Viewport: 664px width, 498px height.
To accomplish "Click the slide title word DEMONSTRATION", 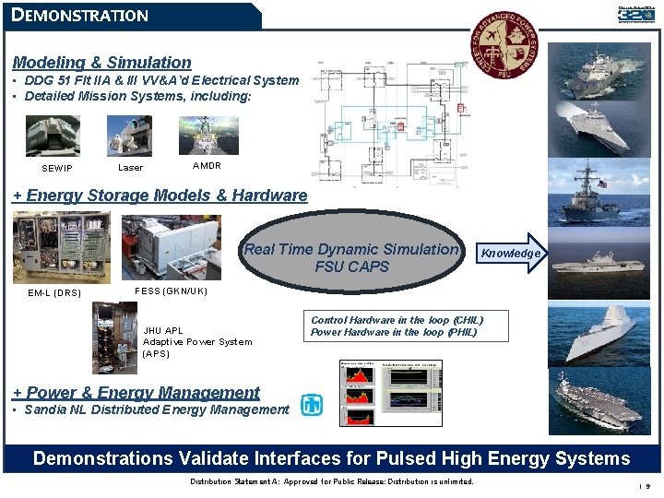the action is point(80,16).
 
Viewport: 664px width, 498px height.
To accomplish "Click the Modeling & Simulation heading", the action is point(101,63).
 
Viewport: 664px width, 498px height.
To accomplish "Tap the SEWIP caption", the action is point(57,169).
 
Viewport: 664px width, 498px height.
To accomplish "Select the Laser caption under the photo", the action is point(131,168).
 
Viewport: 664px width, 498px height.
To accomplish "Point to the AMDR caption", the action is point(207,166).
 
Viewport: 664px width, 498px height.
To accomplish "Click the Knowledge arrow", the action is point(510,254).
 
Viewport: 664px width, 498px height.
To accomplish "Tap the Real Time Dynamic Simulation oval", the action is point(351,257).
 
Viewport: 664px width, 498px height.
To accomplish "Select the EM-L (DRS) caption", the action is point(54,294).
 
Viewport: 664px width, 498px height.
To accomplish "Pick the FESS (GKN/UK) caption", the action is point(171,291).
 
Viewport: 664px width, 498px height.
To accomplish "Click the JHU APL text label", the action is point(163,330).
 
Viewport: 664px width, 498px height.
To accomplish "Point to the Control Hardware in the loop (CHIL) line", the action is point(397,320).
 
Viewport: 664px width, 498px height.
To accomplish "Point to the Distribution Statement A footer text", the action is point(331,482).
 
